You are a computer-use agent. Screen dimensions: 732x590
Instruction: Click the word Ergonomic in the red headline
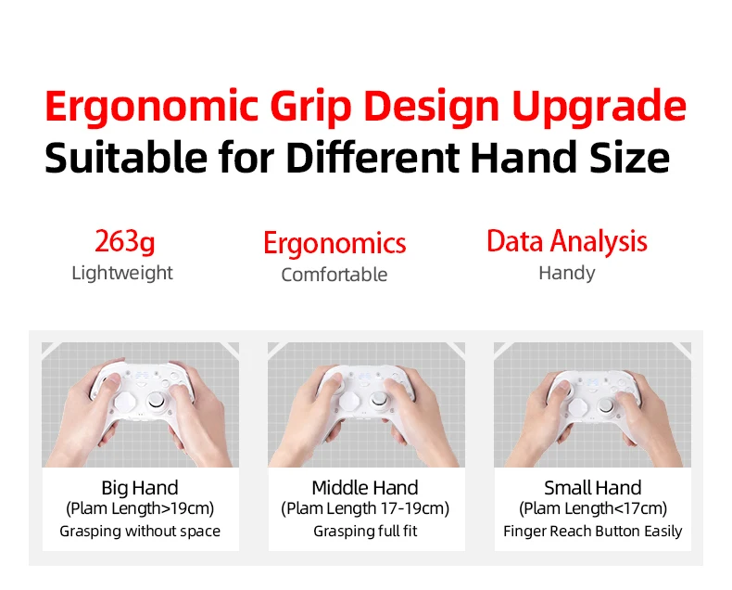pos(151,108)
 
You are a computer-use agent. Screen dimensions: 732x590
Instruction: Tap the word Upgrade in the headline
pos(599,108)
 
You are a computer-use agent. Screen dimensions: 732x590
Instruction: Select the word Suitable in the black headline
pos(126,157)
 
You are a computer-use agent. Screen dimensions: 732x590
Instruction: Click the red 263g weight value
pos(125,242)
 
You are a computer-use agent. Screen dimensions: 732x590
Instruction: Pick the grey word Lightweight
pos(122,273)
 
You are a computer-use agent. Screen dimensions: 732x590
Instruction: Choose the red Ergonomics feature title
pos(334,244)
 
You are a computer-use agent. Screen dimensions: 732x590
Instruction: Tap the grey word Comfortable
pos(334,275)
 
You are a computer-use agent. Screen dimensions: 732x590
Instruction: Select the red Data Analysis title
pos(567,242)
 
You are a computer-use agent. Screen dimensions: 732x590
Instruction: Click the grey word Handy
pos(567,273)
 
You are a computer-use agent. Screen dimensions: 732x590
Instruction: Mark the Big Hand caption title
pos(140,488)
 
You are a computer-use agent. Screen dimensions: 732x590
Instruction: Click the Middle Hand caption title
pos(365,488)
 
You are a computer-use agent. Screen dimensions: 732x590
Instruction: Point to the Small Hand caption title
pos(593,488)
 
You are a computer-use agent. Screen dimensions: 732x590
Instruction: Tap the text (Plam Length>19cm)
pos(140,508)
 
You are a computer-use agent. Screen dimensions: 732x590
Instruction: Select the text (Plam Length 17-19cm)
pos(365,508)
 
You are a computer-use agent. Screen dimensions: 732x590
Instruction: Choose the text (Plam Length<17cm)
pos(593,508)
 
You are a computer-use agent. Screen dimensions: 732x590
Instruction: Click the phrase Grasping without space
pos(140,532)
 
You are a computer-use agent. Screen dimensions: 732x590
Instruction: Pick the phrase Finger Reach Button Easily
pos(593,532)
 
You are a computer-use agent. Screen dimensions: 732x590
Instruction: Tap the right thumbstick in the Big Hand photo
pos(157,400)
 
